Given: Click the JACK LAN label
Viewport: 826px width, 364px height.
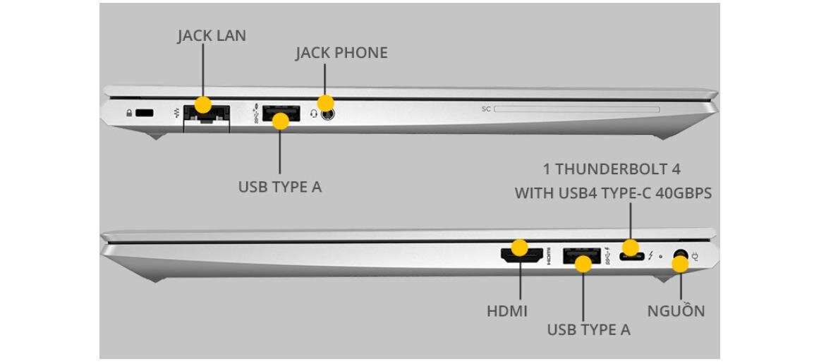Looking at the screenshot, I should tap(212, 35).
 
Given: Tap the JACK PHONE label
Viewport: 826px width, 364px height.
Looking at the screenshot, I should tap(341, 53).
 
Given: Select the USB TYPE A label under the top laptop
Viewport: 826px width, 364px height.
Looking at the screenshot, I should tap(280, 187).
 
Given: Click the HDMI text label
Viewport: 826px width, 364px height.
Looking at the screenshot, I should tap(506, 310).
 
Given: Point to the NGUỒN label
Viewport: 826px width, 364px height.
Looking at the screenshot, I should tap(676, 310).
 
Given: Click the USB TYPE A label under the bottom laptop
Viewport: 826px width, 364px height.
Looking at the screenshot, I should tap(589, 329).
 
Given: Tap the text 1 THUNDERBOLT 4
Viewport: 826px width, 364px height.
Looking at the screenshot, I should tap(612, 169).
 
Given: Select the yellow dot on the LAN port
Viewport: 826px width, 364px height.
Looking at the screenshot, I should tap(202, 105).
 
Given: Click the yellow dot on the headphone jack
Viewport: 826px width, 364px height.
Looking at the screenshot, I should tap(325, 103).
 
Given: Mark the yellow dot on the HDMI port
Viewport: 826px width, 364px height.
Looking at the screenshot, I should tap(519, 248).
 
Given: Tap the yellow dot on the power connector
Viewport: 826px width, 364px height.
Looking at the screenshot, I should tap(679, 265).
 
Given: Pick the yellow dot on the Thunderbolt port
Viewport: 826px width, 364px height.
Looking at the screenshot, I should tap(630, 248).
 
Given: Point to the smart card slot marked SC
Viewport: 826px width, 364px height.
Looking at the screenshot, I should tap(576, 109).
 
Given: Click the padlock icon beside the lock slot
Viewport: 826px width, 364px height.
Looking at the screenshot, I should tap(128, 113).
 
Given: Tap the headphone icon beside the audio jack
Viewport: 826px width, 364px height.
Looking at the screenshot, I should tap(313, 113).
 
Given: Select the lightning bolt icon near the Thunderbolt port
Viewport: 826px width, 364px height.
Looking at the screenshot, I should tap(650, 255).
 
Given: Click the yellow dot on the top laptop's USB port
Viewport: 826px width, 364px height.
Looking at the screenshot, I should tap(281, 121).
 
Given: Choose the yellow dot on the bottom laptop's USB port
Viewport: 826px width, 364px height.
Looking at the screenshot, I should tap(583, 265).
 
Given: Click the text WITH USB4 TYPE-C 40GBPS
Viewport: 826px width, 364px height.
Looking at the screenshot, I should tap(612, 193).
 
